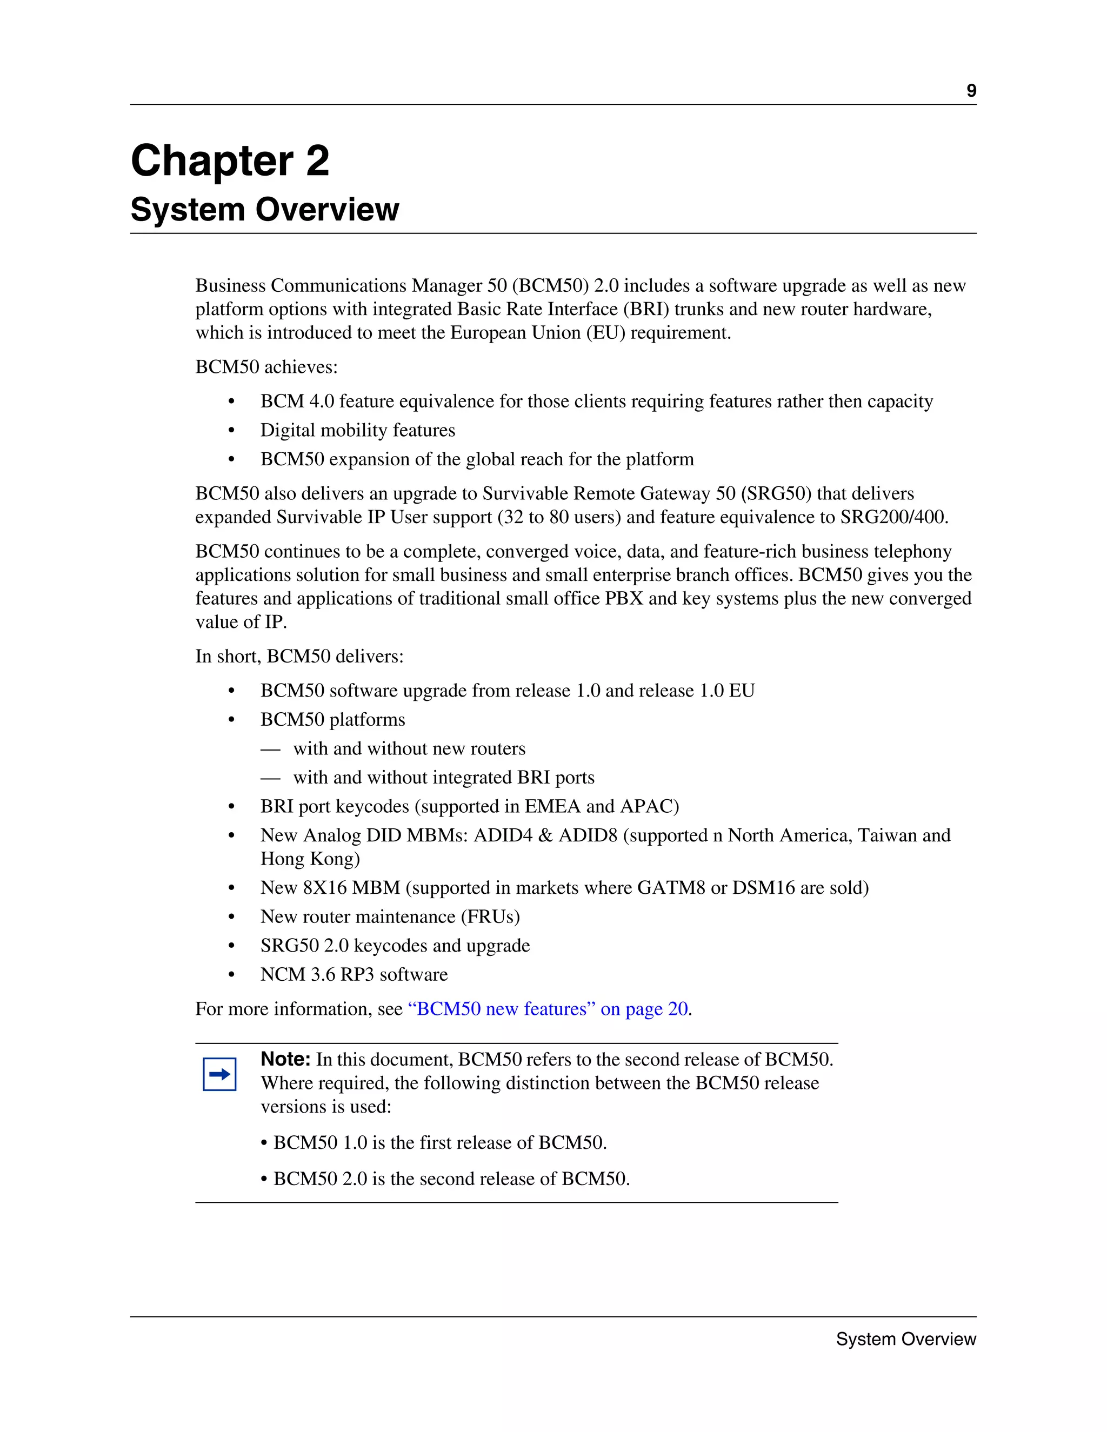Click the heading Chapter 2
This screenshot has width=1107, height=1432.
click(230, 160)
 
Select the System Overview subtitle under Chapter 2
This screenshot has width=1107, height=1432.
click(264, 210)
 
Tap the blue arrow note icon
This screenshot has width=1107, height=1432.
click(219, 1074)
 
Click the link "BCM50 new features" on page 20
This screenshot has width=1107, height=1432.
click(548, 1008)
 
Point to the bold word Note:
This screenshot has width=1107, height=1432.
click(285, 1059)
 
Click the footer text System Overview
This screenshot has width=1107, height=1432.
click(906, 1339)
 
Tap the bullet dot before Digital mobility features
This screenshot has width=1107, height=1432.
click(231, 431)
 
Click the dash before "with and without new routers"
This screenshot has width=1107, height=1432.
click(270, 749)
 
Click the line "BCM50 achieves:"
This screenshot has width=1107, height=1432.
click(266, 367)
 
